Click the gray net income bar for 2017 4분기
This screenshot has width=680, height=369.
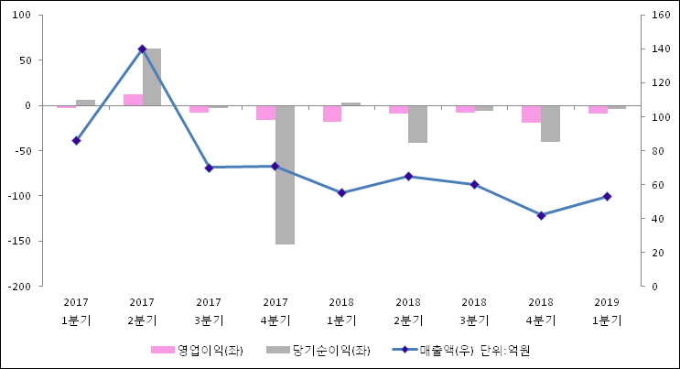tap(285, 174)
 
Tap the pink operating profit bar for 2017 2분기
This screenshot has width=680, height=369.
tap(133, 100)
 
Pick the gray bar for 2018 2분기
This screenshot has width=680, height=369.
tap(417, 124)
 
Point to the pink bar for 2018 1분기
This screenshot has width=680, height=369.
tap(331, 114)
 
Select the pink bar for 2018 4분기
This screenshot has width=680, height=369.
tap(531, 114)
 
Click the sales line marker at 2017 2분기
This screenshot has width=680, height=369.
tap(142, 49)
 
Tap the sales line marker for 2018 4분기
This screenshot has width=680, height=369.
tap(541, 215)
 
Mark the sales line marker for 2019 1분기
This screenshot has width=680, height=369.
tap(607, 196)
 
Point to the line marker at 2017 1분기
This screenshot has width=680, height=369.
tap(76, 140)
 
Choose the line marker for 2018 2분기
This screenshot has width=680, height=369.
tap(408, 176)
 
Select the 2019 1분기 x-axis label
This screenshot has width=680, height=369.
tap(607, 311)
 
